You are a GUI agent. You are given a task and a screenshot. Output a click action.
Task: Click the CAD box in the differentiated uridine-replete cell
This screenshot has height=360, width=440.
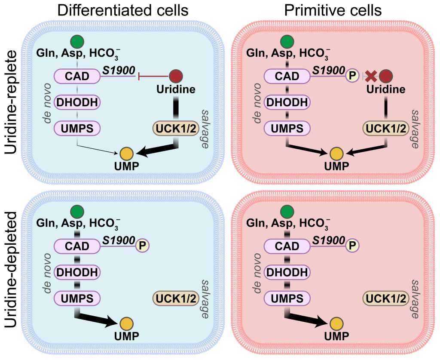(77, 77)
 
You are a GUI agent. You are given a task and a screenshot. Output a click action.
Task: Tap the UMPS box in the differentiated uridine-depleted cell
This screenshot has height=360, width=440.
(77, 298)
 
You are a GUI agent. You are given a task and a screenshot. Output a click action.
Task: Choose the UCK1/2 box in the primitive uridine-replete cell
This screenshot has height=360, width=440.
(385, 128)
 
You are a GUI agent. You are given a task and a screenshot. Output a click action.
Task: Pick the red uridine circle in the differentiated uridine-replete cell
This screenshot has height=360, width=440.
(176, 77)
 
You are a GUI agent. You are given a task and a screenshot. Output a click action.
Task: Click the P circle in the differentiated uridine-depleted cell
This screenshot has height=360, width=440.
(142, 246)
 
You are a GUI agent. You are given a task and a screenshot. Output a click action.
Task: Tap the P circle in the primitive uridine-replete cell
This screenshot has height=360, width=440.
(352, 76)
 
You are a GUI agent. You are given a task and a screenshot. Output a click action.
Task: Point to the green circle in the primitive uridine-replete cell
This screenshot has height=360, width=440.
(287, 42)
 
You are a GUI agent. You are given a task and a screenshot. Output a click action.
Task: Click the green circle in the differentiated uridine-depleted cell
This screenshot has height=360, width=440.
(77, 211)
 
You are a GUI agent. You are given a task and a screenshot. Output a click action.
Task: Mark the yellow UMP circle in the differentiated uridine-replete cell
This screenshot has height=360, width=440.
(126, 153)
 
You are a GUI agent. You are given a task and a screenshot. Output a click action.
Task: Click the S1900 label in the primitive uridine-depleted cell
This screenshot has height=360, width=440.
(329, 240)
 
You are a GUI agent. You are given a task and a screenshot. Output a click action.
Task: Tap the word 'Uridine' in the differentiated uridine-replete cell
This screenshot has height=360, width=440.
(176, 89)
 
